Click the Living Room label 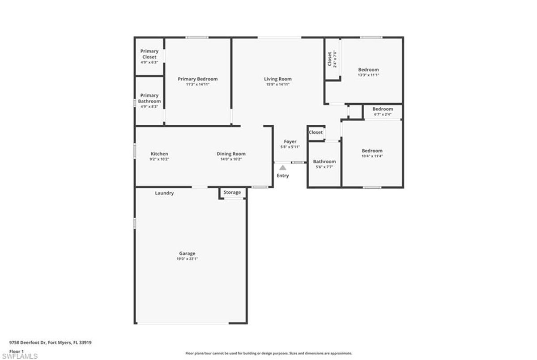(277, 79)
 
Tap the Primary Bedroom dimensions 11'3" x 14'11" (197, 85)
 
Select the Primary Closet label (149, 54)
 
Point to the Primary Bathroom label (149, 98)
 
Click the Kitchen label (159, 154)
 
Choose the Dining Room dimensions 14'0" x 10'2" (231, 159)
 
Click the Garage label (187, 253)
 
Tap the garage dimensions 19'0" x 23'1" (187, 258)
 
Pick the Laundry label (164, 193)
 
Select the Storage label (232, 192)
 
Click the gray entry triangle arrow (283, 168)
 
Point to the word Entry (283, 176)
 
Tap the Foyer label (290, 142)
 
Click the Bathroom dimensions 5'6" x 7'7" (324, 167)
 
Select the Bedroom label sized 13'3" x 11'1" (368, 70)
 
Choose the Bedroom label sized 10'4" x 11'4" (372, 151)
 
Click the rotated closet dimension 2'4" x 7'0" (335, 59)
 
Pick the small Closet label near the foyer (315, 132)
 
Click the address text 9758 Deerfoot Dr (27, 343)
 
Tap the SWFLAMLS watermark (20, 356)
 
